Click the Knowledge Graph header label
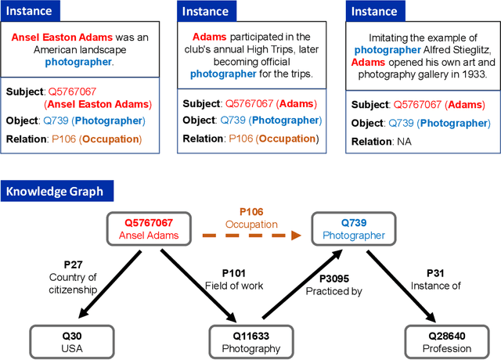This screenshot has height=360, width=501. pos(59,191)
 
